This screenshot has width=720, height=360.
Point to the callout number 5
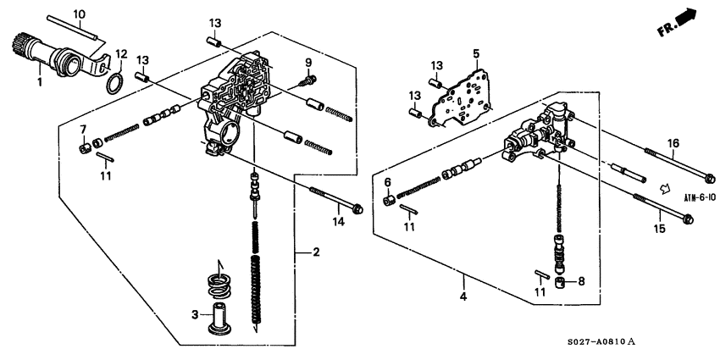click(x=476, y=53)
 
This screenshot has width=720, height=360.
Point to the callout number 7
click(x=83, y=129)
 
